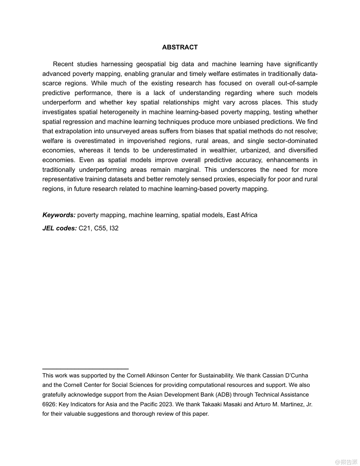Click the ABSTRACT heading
pyautogui.click(x=180, y=47)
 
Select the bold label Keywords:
pyautogui.click(x=59, y=215)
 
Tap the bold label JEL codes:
pyautogui.click(x=60, y=228)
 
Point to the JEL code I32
pyautogui.click(x=114, y=228)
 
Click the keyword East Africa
pyautogui.click(x=242, y=215)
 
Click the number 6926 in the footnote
pyautogui.click(x=49, y=404)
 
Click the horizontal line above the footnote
pyautogui.click(x=85, y=368)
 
